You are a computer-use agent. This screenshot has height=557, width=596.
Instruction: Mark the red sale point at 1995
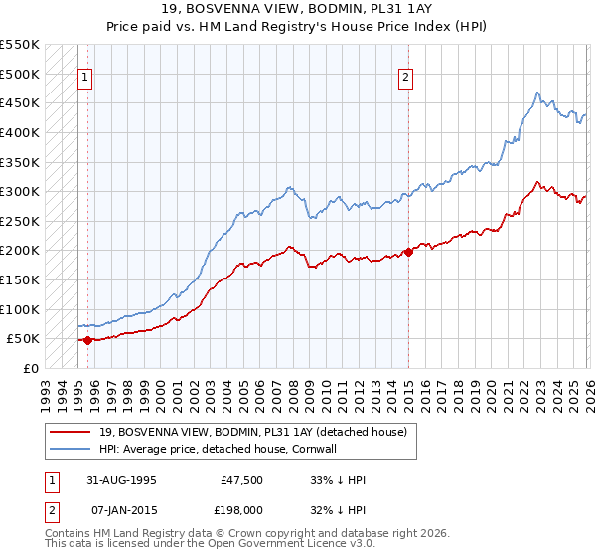click(x=87, y=340)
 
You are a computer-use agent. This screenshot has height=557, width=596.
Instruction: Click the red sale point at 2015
click(x=408, y=252)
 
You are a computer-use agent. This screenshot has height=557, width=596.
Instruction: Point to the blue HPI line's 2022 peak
click(x=536, y=93)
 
